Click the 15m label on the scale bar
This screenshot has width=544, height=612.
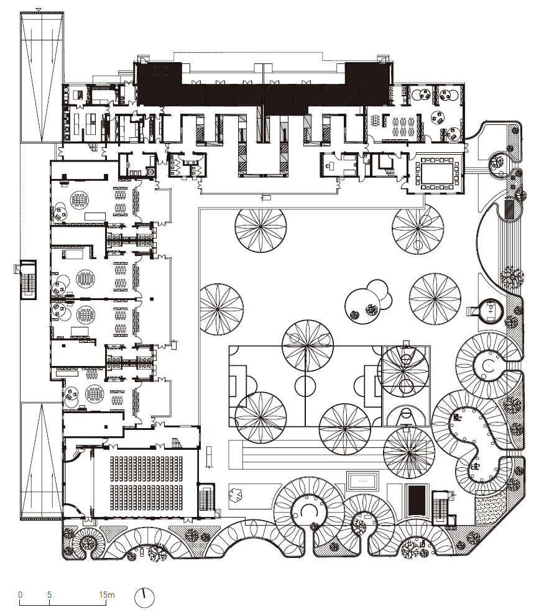(106, 595)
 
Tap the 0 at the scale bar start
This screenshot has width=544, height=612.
(20, 595)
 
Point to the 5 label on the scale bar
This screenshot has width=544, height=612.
(49, 595)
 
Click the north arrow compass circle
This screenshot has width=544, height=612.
(144, 597)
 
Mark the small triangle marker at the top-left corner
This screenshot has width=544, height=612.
(39, 9)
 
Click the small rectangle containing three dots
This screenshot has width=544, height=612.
(364, 480)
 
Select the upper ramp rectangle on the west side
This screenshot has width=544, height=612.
(41, 75)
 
